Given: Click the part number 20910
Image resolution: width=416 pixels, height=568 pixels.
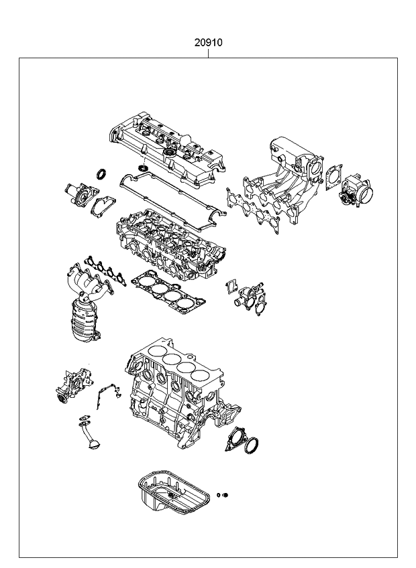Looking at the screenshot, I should click(x=209, y=42).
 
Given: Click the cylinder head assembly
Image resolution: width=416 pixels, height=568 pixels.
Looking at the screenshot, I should click(x=171, y=244).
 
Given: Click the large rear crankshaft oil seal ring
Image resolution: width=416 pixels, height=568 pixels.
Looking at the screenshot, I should click(x=253, y=445).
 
